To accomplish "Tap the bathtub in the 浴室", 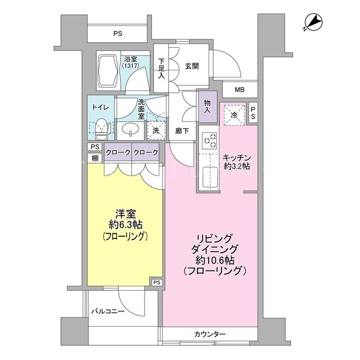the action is [x=108, y=71].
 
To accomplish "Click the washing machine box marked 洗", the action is [x=156, y=130].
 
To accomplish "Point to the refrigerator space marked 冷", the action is [x=235, y=115].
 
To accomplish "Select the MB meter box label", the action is [x=240, y=90].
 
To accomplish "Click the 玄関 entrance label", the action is [x=192, y=66].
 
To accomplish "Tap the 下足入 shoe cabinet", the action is [x=161, y=68].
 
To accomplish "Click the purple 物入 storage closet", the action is [x=208, y=107].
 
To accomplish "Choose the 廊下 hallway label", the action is [x=182, y=131].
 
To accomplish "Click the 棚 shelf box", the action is [x=95, y=158].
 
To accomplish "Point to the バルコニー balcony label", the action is [x=108, y=311].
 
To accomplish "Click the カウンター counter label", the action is [x=210, y=334].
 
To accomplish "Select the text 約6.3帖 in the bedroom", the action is [x=125, y=225].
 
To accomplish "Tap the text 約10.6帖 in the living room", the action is [x=215, y=260].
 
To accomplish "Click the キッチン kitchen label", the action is [x=236, y=157].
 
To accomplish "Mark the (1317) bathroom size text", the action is [x=130, y=66].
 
